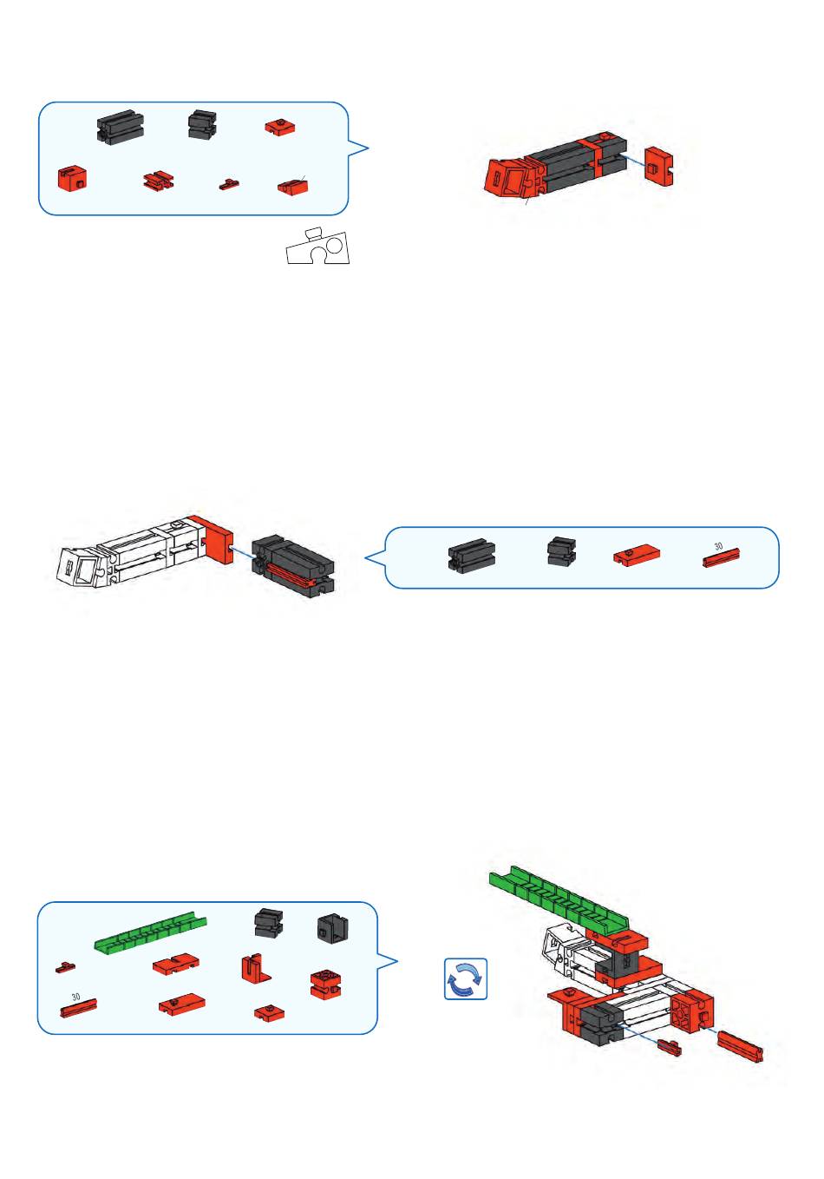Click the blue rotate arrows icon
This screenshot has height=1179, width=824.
click(466, 978)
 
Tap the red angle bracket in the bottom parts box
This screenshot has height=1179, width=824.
click(256, 969)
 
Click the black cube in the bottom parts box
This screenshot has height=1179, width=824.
click(332, 928)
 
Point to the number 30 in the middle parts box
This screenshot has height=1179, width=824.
click(718, 546)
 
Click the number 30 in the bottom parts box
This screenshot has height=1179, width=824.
click(75, 997)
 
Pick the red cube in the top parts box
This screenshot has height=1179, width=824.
click(72, 177)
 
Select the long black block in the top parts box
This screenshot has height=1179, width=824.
click(121, 127)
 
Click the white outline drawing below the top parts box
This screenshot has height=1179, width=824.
click(317, 247)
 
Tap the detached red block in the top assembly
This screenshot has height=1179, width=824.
click(659, 166)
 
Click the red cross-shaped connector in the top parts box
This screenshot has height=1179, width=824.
click(158, 181)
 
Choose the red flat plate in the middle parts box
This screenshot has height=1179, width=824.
click(637, 556)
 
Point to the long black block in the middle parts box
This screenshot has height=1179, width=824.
click(472, 555)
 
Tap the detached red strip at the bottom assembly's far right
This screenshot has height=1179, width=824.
click(740, 1047)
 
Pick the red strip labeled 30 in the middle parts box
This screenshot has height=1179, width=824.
click(721, 557)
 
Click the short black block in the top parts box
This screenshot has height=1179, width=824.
click(202, 124)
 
